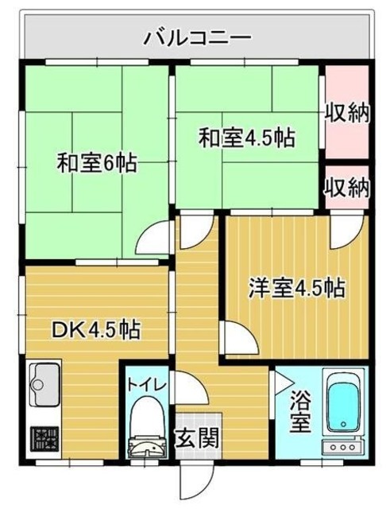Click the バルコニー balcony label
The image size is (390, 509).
tap(198, 37)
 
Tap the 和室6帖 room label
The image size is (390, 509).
tap(96, 165)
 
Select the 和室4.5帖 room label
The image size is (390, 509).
tap(246, 138)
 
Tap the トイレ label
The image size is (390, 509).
tap(147, 384)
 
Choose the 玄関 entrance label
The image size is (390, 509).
tap(192, 437)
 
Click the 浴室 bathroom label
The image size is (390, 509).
tap(299, 411)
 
